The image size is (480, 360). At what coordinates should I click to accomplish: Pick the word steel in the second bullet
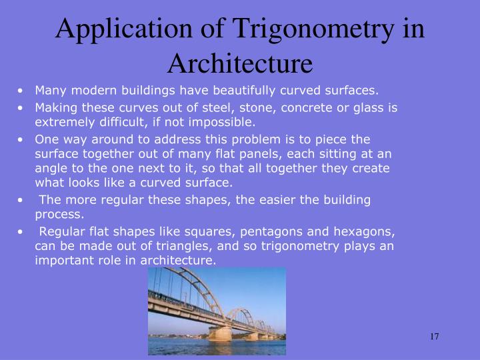click(196, 107)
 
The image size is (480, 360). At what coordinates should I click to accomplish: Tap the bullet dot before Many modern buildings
click(23, 90)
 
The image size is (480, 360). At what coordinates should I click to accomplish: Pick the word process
click(59, 214)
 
